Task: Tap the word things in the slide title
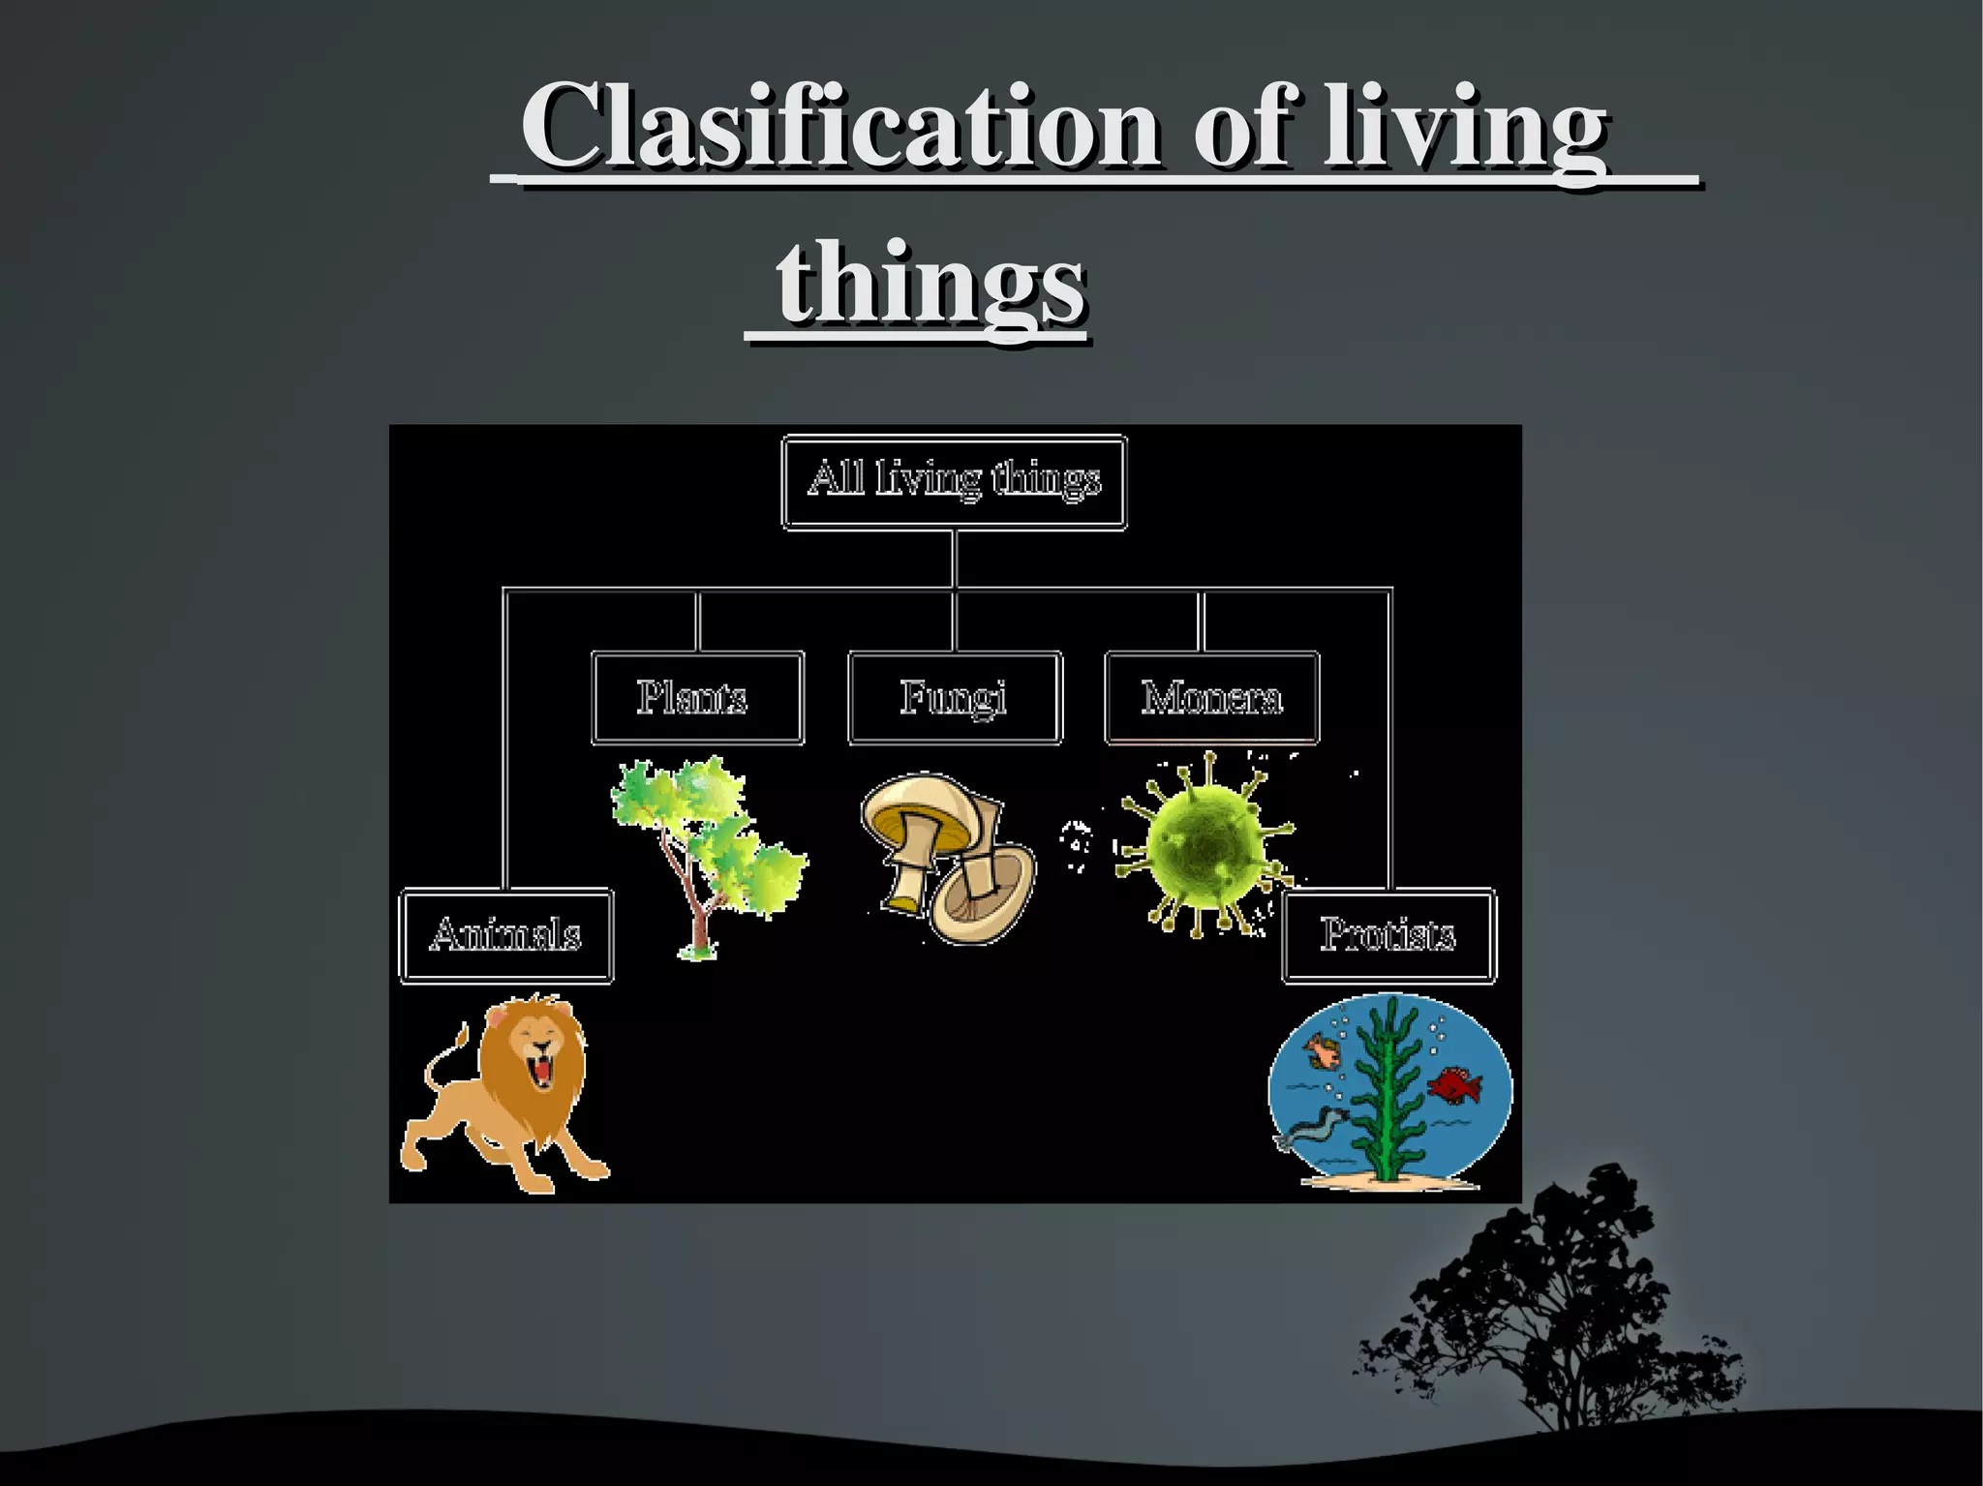[x=930, y=284]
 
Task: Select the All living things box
[x=954, y=481]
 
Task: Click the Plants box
[x=697, y=698]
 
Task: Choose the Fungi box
[x=954, y=698]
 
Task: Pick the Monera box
[x=1211, y=698]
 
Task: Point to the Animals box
[x=506, y=935]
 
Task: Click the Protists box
[x=1388, y=935]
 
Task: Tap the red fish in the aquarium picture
[x=1454, y=1084]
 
